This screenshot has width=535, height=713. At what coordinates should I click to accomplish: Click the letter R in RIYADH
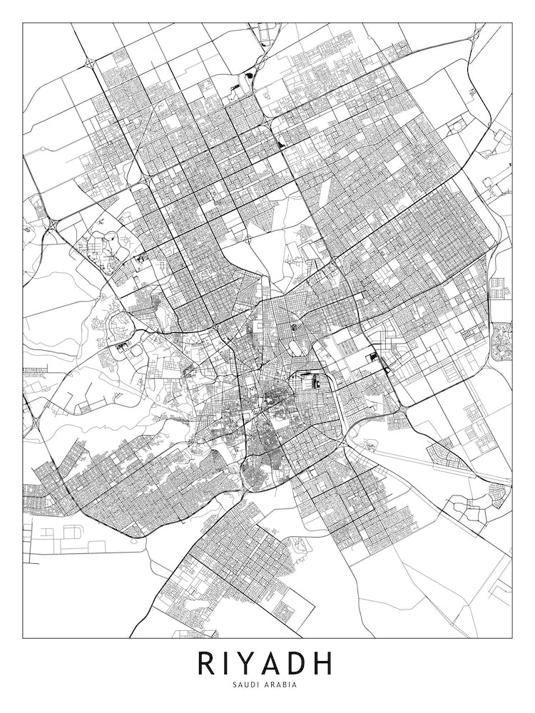click(x=207, y=663)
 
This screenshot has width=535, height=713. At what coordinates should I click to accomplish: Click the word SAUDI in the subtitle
click(x=246, y=685)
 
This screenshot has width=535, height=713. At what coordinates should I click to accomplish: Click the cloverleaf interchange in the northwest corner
click(x=91, y=63)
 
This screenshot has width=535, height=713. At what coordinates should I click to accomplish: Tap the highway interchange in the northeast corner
click(x=476, y=32)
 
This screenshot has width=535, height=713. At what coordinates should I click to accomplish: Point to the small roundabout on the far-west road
click(x=43, y=149)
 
